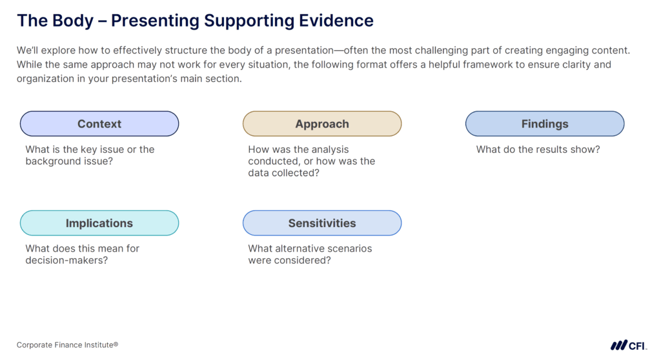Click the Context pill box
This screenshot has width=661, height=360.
point(99,124)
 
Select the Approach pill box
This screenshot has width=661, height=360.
point(322,124)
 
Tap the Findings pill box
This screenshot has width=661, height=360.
point(545,124)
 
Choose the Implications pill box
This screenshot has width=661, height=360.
point(99,223)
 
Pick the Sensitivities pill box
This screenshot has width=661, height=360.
point(322,223)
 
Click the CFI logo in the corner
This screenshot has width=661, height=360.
point(628,345)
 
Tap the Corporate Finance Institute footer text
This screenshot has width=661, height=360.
point(67,345)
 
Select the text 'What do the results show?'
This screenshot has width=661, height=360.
point(538,150)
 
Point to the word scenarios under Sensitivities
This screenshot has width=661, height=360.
point(347,248)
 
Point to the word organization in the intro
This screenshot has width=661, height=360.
point(46,79)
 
